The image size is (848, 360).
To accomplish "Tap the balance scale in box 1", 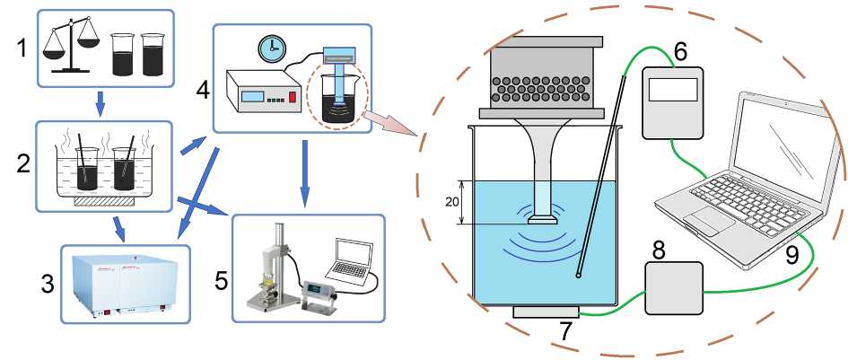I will pos(75,43).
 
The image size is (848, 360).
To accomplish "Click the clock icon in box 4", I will pos(267,46).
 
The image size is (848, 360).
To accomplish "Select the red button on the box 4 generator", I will pos(292,97).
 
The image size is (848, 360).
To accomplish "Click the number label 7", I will pos(565,331).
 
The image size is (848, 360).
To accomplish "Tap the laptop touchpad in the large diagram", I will pos(706,221).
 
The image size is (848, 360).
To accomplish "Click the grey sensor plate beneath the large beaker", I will pos(547,312).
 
